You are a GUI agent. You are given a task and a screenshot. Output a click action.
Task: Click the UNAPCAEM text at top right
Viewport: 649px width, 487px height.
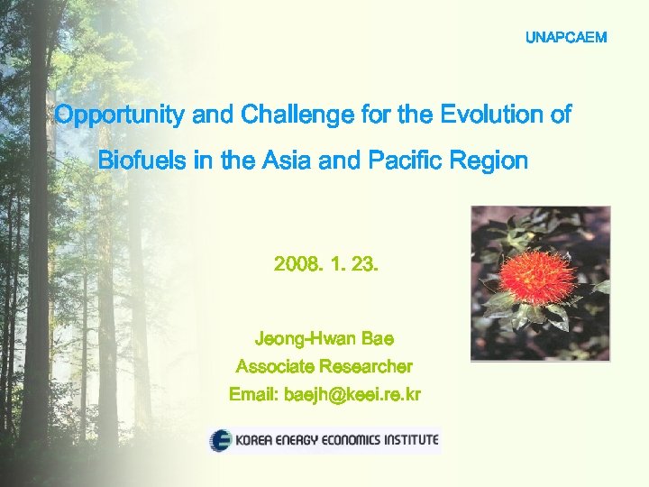point(566,38)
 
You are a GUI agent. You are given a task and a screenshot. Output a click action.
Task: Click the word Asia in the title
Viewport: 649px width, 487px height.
point(291,161)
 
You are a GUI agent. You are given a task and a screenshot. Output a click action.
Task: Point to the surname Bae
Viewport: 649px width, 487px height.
point(378,339)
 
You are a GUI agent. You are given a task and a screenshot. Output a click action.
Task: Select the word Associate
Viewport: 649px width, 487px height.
point(275,367)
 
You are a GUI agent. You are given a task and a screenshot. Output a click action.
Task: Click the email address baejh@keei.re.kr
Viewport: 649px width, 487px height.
point(352,395)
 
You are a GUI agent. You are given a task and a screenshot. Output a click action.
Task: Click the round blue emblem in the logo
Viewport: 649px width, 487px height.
point(221,441)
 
